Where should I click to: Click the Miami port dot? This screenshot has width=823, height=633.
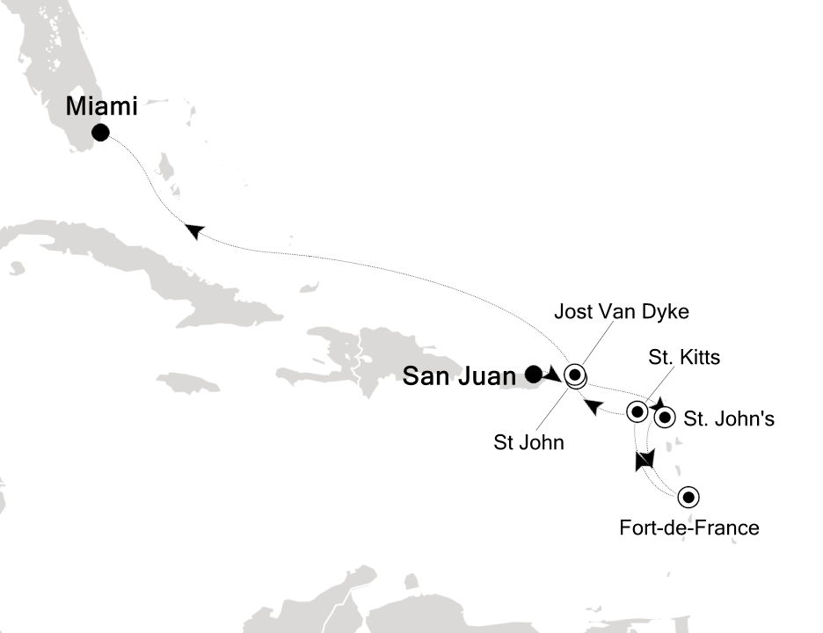(100, 134)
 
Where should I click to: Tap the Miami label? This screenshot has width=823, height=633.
(102, 107)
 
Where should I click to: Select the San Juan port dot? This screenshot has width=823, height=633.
(533, 374)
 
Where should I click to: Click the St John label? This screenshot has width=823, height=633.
(528, 443)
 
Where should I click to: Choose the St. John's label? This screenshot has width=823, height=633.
(729, 419)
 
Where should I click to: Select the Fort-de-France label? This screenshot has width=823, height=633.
(689, 528)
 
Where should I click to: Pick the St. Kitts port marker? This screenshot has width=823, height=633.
(636, 411)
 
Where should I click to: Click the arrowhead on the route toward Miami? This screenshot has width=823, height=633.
(194, 229)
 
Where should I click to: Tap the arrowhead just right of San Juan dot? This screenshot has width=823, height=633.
(553, 375)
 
